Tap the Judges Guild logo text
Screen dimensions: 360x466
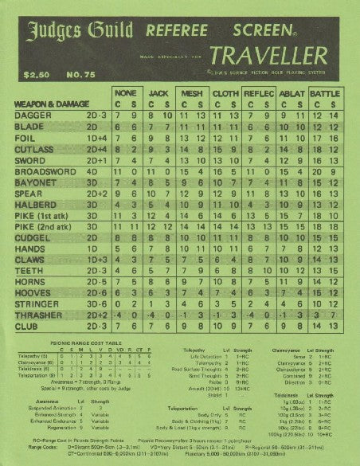pyautogui.click(x=75, y=32)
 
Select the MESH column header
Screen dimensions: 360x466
pyautogui.click(x=190, y=93)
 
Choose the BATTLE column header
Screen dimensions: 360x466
pyautogui.click(x=324, y=93)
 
